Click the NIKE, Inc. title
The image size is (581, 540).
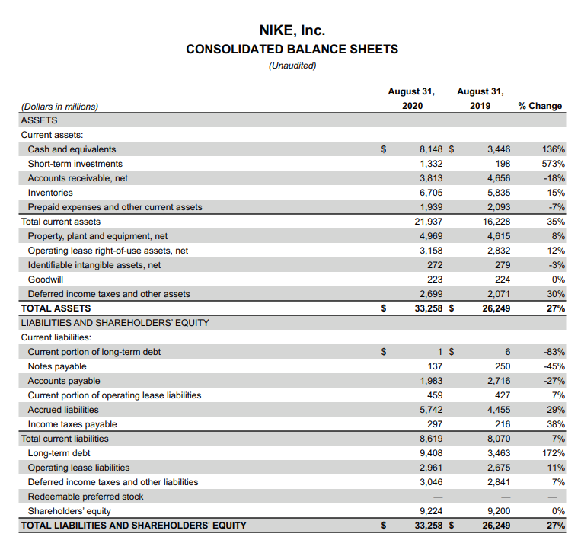[x=292, y=30]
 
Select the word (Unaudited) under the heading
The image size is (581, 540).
[x=292, y=66]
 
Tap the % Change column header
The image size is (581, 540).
[x=540, y=106]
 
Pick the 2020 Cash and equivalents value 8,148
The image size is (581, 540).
[x=431, y=149]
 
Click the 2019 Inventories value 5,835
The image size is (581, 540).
[x=499, y=193]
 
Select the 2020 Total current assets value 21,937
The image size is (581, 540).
[x=428, y=222]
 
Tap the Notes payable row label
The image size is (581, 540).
[x=57, y=366]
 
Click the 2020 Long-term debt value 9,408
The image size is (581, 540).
[x=431, y=453]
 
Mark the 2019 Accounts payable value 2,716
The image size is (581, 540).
[x=499, y=381]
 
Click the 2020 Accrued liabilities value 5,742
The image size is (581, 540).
[x=431, y=410]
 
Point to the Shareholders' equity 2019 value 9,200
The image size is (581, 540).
[x=499, y=511]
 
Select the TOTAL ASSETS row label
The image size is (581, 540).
[x=56, y=308]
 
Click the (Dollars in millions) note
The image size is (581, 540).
[x=59, y=107]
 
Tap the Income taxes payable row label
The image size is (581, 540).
[x=72, y=424]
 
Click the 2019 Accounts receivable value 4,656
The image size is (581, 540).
[x=499, y=178]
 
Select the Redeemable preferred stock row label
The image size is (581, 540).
[x=85, y=497]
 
